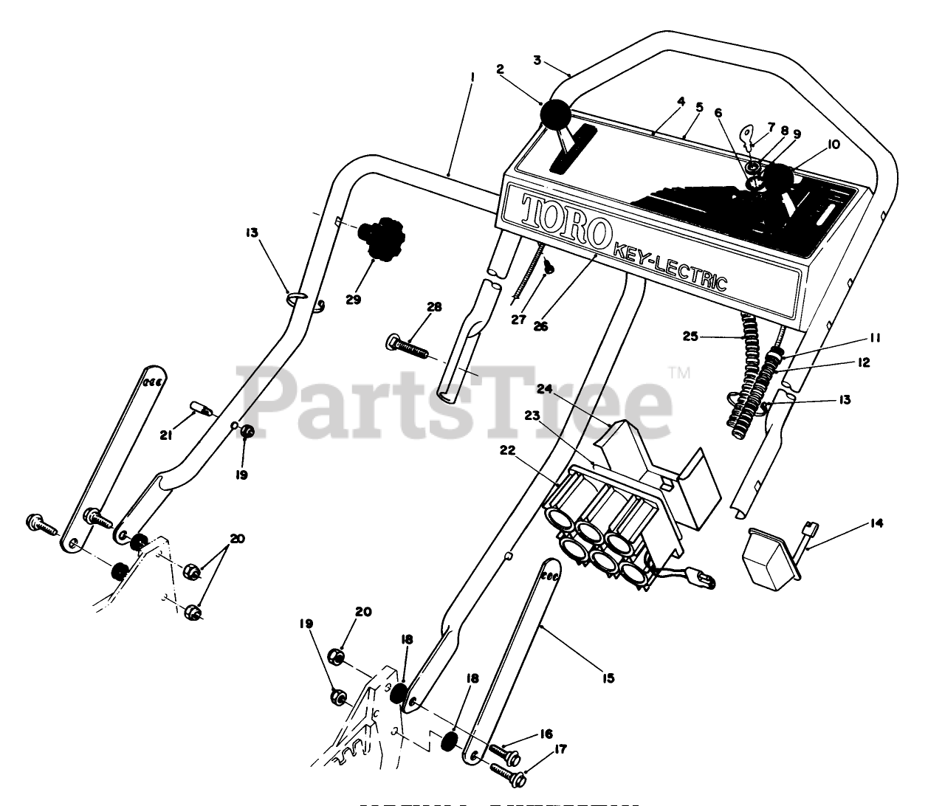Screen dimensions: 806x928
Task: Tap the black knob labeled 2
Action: point(556,115)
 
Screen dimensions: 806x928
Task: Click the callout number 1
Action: point(472,77)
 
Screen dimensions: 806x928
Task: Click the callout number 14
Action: point(876,524)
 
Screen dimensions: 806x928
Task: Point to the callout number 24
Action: point(544,388)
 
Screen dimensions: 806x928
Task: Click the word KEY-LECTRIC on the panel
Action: point(668,267)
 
